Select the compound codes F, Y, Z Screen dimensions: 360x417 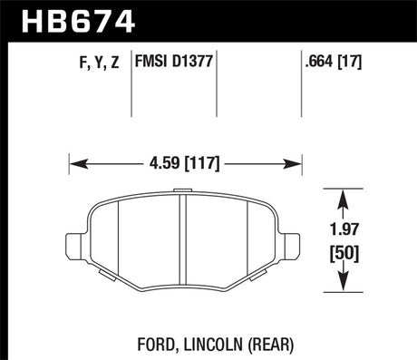pos(96,63)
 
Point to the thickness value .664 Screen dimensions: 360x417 pos(321,63)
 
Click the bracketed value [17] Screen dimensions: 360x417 pos(351,63)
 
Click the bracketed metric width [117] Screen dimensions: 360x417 pos(203,164)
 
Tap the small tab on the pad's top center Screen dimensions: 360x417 pos(185,191)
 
